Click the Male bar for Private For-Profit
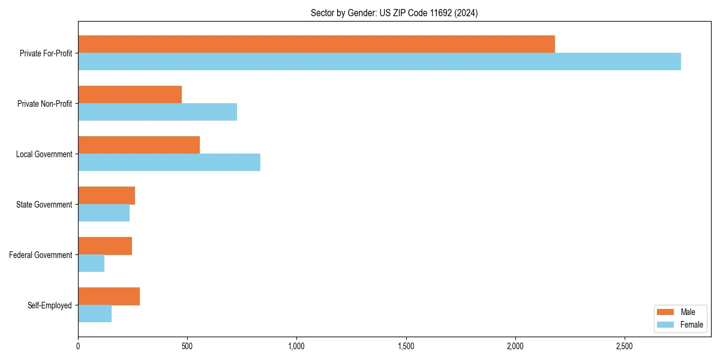tap(316, 44)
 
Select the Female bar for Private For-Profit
tap(379, 62)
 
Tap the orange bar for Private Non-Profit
tap(130, 95)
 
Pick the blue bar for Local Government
tap(169, 163)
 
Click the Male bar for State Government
tap(106, 196)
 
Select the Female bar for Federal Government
tap(91, 263)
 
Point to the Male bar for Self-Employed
tap(109, 296)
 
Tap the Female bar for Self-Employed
tap(95, 314)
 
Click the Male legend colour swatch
tap(666, 312)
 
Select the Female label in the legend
tap(692, 325)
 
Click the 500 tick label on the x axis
tap(187, 346)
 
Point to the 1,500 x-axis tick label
tap(406, 346)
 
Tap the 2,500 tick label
tap(625, 346)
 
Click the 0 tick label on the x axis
tap(78, 346)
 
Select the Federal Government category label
tap(41, 255)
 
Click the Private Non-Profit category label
tap(44, 104)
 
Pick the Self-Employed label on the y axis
tap(50, 305)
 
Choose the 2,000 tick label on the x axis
tap(515, 346)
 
